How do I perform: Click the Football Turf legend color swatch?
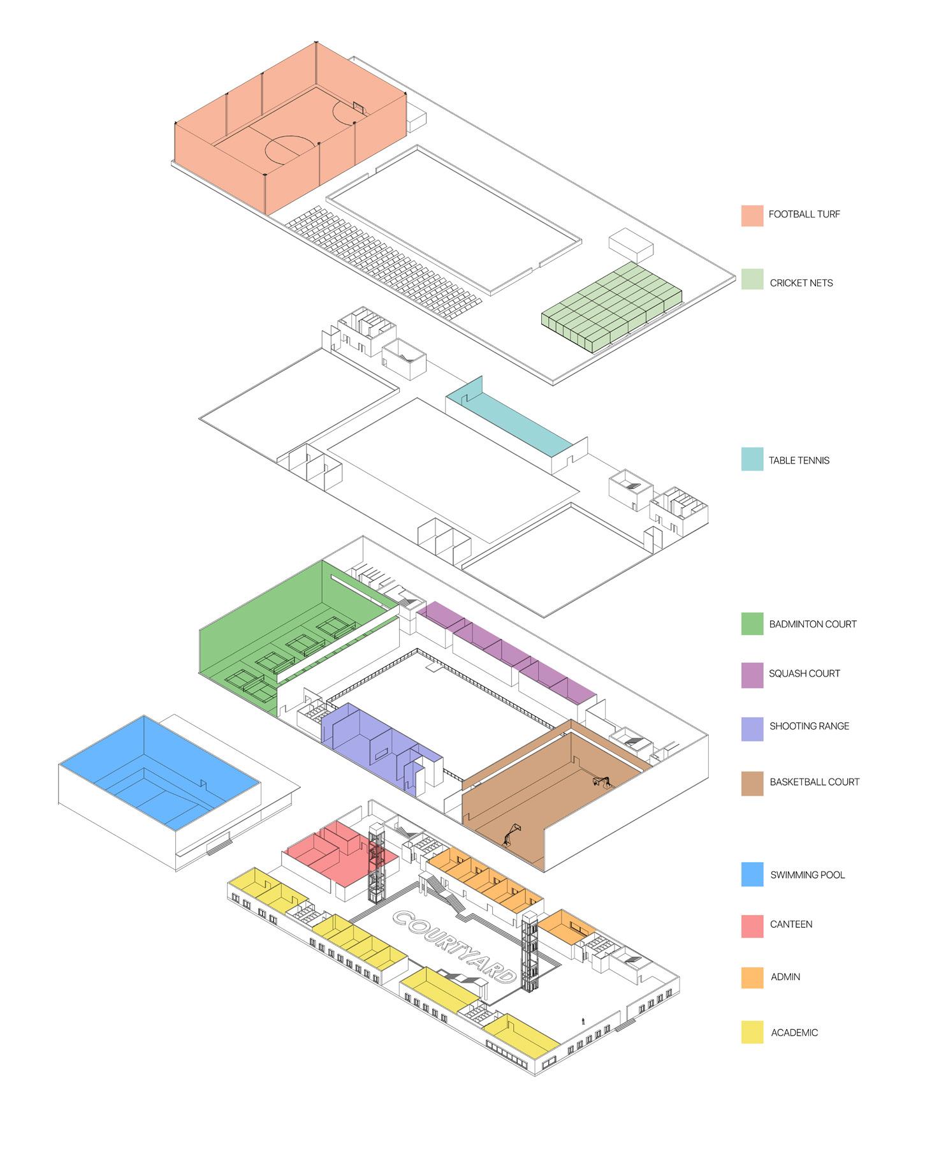pyautogui.click(x=752, y=216)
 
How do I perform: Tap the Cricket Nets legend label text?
pyautogui.click(x=801, y=283)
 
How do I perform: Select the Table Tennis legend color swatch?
pyautogui.click(x=752, y=459)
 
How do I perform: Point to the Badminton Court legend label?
pyautogui.click(x=812, y=624)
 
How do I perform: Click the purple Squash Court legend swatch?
pyautogui.click(x=752, y=675)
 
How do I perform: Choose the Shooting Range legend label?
pyautogui.click(x=809, y=726)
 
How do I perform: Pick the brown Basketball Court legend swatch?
pyautogui.click(x=752, y=784)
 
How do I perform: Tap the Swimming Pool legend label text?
pyautogui.click(x=807, y=875)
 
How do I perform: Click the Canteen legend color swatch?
pyautogui.click(x=752, y=926)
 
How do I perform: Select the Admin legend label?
pyautogui.click(x=785, y=977)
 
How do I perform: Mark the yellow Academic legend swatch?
pyautogui.click(x=752, y=1032)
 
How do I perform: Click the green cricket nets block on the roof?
pyautogui.click(x=612, y=306)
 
